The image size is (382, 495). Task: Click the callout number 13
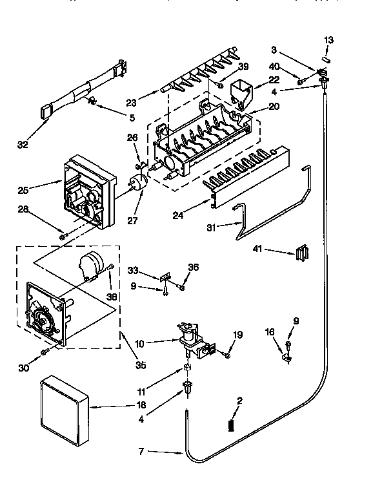(x=329, y=40)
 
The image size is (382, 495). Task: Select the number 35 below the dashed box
(x=141, y=364)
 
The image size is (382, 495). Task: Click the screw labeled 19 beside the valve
(x=227, y=354)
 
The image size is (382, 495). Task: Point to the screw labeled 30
(x=45, y=351)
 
